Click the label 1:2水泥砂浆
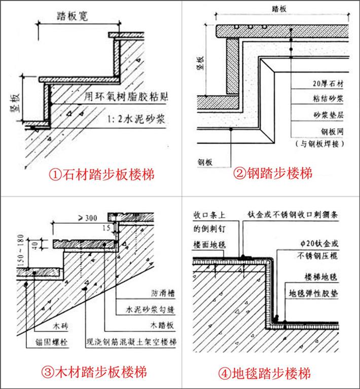click(x=134, y=120)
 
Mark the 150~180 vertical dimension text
click(x=20, y=250)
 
